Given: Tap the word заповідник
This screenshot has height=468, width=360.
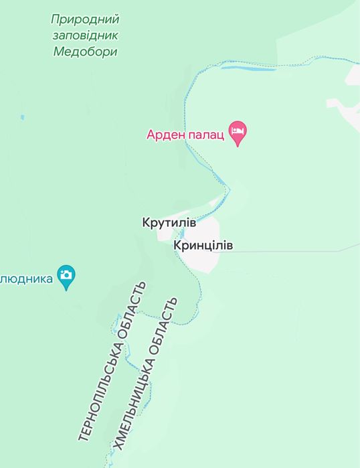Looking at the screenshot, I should coord(85,35).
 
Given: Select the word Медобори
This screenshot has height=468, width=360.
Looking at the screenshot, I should coord(85,52).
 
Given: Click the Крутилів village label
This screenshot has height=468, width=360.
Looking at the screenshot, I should coord(169,222).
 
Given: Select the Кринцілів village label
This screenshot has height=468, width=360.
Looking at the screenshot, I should coord(203,246).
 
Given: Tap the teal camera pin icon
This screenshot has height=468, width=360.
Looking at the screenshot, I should coord(66,275).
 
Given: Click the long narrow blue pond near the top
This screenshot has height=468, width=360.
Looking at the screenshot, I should coord(248,68).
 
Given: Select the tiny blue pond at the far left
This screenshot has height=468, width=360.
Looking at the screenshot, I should coord(22,118).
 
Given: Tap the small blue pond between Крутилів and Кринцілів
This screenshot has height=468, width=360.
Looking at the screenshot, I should coord(180,234).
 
